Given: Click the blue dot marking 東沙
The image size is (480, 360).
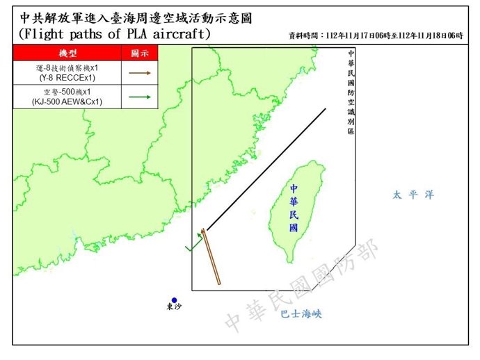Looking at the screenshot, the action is click(174, 300).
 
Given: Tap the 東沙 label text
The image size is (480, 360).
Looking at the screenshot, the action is click(174, 307).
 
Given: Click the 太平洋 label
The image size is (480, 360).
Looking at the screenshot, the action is click(413, 195).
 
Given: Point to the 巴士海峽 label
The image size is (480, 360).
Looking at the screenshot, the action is click(301, 314).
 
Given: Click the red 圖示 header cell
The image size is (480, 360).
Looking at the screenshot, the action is click(138, 54).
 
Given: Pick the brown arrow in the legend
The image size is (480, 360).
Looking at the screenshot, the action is click(138, 72).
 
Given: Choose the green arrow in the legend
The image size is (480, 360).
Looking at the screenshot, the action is click(138, 97).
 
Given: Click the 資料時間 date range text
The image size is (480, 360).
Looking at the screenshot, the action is click(376, 35).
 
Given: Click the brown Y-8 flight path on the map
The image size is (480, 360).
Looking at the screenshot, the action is click(211, 257).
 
